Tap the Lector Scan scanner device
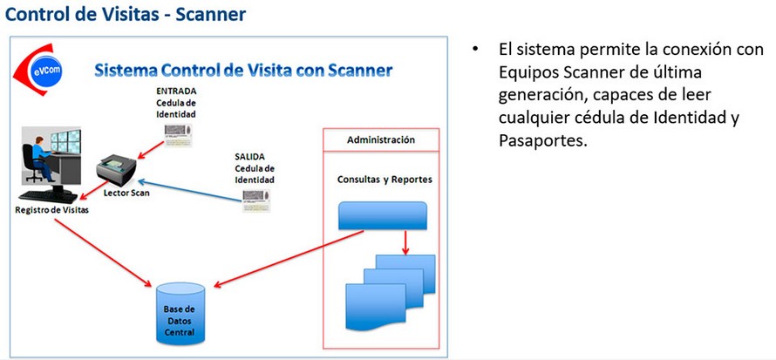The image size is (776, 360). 117,171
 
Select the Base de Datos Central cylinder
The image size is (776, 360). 180,314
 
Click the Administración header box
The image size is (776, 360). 380,140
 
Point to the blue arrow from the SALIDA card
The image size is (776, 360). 189,191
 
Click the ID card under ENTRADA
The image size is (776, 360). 178,135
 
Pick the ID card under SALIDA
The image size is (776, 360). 256,200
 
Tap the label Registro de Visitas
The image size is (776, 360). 52,209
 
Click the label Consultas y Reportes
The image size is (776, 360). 385,180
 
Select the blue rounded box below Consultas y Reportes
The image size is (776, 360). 382,215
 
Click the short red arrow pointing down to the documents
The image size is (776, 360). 405,243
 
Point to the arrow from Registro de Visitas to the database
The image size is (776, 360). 103,253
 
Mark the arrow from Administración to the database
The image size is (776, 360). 289,259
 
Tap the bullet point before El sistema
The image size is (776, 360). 476,50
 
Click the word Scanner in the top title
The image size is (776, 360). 211,14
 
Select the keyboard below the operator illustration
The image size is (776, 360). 48,196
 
